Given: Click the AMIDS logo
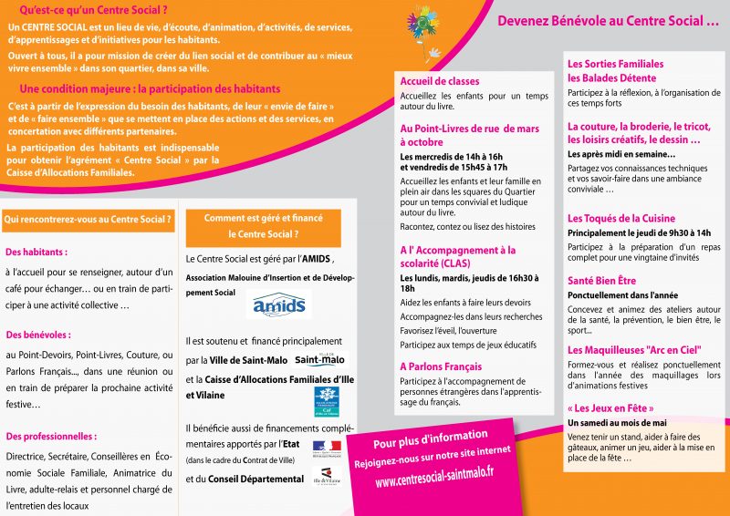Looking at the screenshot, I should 278,304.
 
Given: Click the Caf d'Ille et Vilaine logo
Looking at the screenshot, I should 328,400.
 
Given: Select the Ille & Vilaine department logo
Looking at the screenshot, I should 325,478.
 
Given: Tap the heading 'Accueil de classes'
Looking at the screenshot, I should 440,82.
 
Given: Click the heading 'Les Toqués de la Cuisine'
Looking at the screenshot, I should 621,219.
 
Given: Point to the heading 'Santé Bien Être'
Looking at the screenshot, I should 601,281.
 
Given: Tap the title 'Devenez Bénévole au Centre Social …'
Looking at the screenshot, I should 608,21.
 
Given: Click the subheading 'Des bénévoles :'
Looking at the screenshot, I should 38,335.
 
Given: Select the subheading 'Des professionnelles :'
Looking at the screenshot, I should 51,436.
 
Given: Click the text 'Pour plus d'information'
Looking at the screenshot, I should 431,436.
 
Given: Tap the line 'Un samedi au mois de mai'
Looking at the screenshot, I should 617,423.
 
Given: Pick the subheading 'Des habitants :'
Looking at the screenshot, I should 36,252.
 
